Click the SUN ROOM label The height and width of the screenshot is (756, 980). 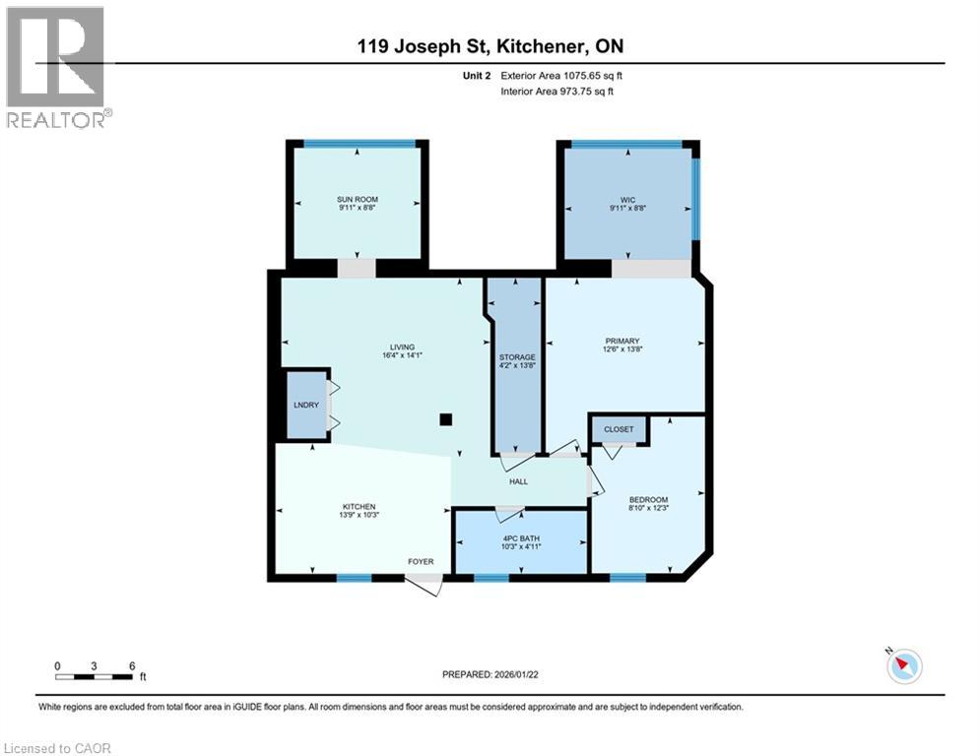pos(358,199)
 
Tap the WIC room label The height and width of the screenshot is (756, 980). pos(627,200)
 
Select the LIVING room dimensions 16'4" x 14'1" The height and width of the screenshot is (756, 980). pos(403,355)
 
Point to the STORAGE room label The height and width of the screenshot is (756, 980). pos(517,357)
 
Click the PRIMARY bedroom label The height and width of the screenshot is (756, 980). pos(621,342)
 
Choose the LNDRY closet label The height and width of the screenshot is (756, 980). pos(306,405)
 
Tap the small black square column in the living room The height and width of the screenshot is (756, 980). pos(445,419)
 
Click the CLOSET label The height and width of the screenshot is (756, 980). pos(619,429)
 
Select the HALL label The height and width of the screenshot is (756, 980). pos(518,481)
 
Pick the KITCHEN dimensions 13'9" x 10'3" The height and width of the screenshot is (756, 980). pos(359,515)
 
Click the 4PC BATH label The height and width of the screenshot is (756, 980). pos(521,538)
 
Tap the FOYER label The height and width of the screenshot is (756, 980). pos(421,562)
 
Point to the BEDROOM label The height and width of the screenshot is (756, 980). pos(649,500)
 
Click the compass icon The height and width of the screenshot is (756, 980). pos(904,666)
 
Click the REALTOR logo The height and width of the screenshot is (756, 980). pos(59,68)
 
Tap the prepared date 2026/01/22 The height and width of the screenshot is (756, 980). pos(516,674)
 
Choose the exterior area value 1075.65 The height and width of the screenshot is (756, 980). pos(582,76)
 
